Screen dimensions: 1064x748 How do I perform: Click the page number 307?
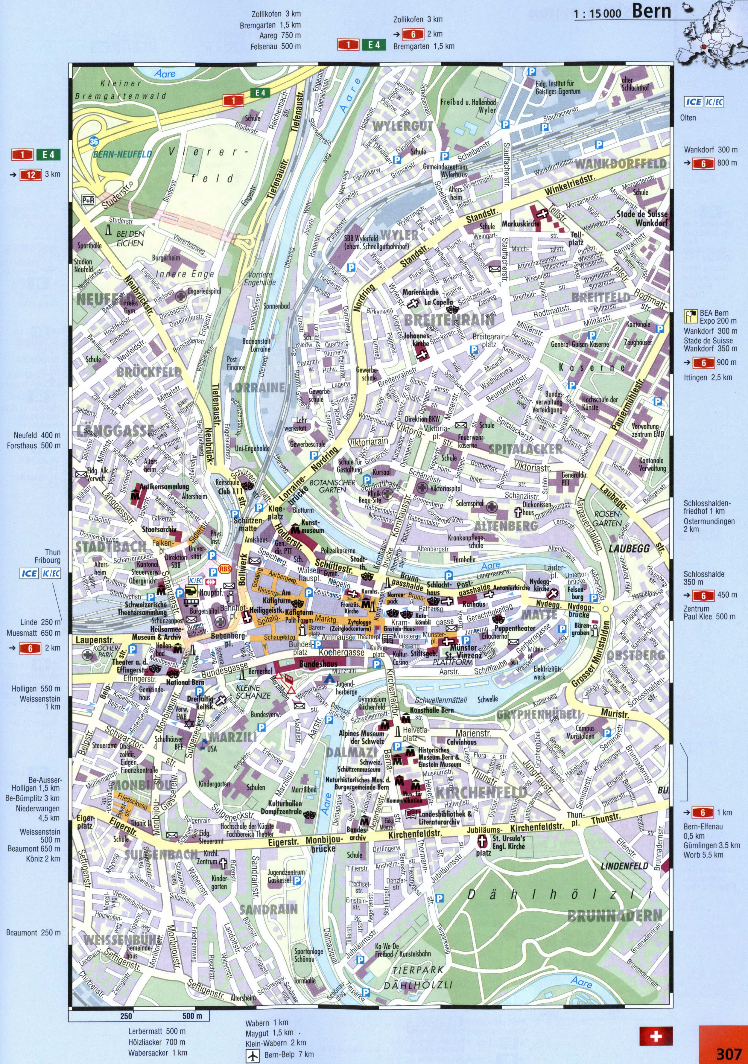(x=729, y=1053)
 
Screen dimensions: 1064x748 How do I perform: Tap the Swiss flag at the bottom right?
(x=656, y=1035)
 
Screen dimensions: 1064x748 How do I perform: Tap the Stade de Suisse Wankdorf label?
(x=642, y=218)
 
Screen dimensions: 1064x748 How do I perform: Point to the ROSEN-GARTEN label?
(x=607, y=518)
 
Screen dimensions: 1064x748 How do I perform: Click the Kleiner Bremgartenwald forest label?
(x=121, y=89)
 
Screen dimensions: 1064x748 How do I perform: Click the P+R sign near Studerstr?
(x=88, y=200)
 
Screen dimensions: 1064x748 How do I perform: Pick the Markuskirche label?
(x=520, y=224)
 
